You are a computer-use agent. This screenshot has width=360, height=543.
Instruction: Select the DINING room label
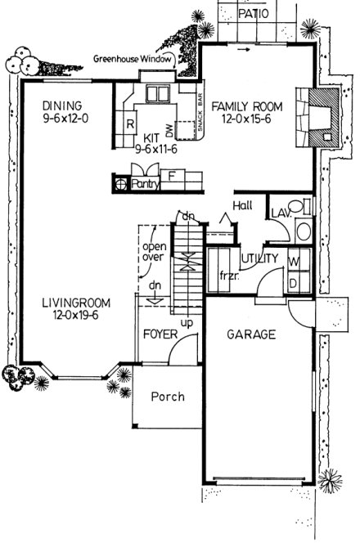point(63,105)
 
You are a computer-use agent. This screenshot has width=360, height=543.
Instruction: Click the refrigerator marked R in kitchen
point(130,124)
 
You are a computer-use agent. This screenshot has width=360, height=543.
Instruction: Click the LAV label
point(281,213)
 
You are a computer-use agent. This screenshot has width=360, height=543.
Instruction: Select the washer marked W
point(295,263)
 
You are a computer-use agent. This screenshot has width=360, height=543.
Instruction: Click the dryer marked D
point(295,282)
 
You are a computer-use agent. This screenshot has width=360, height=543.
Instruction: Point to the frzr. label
point(227,274)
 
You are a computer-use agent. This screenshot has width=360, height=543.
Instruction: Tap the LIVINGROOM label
point(76,303)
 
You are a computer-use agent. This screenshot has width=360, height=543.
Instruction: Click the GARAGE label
point(250,334)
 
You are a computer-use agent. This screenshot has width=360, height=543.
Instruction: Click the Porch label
point(168,397)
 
